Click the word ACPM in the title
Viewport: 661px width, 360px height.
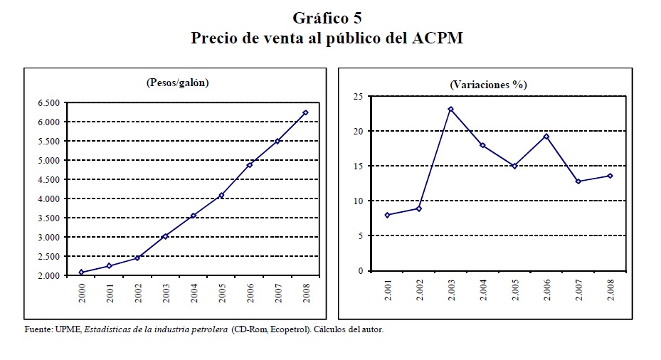coord(438,38)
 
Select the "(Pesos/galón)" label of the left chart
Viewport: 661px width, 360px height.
coord(177,83)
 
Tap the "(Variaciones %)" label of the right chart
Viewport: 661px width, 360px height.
coord(488,84)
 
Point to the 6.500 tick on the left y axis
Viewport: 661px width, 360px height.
coord(50,102)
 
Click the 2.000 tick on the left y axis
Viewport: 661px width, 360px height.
coord(50,275)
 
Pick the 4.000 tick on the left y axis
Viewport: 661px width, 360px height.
coord(50,198)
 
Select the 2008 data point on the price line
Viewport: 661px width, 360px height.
coord(305,112)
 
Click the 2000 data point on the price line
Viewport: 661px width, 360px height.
coord(82,272)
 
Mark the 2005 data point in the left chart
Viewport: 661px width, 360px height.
coord(221,196)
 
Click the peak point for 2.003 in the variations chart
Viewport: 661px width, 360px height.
coord(451,109)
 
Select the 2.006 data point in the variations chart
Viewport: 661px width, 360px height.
coord(546,136)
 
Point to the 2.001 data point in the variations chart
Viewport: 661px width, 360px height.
coord(387,215)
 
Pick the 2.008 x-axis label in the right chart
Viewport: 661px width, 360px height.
coord(610,290)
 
